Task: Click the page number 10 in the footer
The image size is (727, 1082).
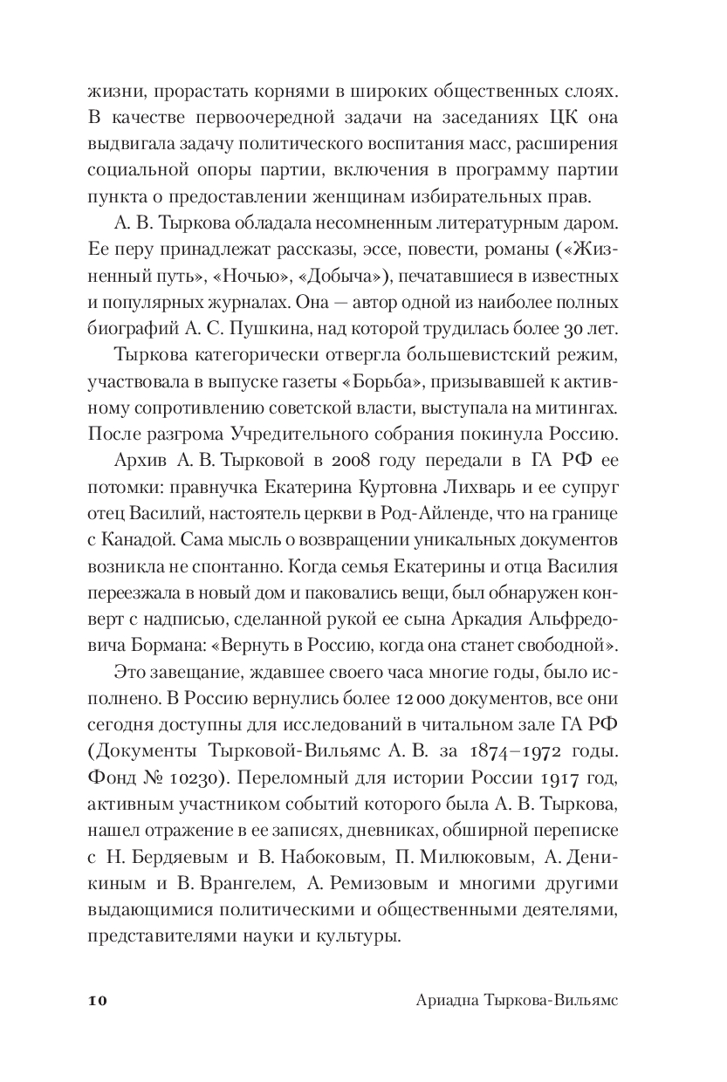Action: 97,1002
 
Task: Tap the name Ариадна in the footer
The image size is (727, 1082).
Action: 445,1002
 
